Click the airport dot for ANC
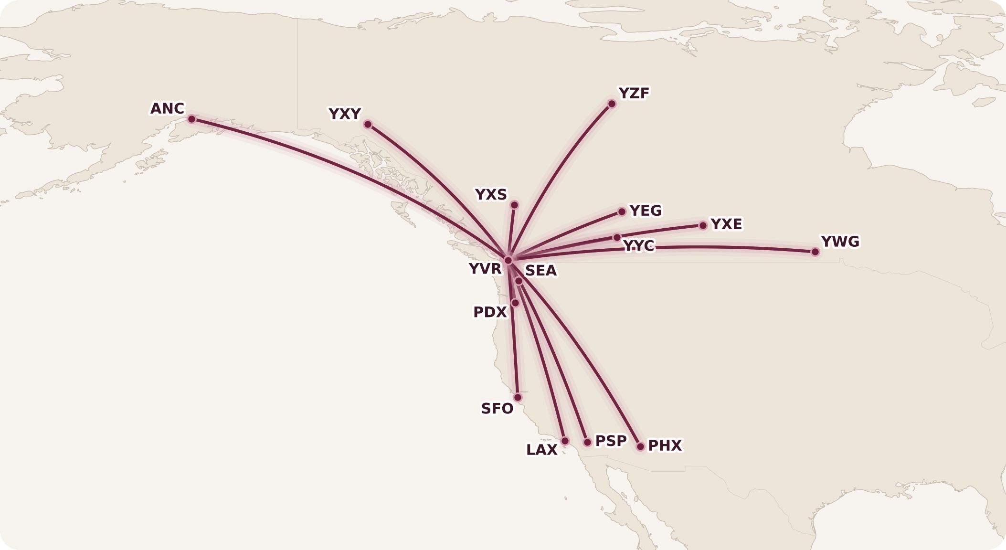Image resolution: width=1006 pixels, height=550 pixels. click(x=191, y=119)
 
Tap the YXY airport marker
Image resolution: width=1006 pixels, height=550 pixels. click(x=368, y=124)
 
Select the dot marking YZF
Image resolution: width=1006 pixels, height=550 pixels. click(x=612, y=104)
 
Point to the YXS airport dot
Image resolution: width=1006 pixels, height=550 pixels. click(x=514, y=205)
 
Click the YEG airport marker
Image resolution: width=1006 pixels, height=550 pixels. click(x=622, y=212)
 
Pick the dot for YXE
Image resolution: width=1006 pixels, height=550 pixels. click(x=703, y=225)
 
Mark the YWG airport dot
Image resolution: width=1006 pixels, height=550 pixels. click(x=815, y=252)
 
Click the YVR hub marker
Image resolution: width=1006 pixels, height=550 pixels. click(x=508, y=260)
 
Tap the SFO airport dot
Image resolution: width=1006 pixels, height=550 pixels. click(x=518, y=397)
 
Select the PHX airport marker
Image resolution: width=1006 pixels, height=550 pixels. click(x=640, y=446)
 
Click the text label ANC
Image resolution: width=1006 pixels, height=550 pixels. click(x=167, y=109)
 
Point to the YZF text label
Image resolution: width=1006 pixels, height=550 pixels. click(x=634, y=93)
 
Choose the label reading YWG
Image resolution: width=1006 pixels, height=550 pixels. click(x=840, y=242)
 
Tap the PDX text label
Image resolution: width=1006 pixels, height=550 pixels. click(x=489, y=312)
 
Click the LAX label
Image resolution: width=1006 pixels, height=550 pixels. click(x=541, y=450)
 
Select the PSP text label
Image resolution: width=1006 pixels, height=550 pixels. click(x=611, y=441)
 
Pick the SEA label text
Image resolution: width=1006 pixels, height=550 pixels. click(x=540, y=271)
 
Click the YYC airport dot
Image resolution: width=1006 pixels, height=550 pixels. click(x=617, y=237)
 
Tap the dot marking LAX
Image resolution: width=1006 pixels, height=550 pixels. click(x=565, y=441)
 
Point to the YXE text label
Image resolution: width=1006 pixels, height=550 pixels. click(x=726, y=224)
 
